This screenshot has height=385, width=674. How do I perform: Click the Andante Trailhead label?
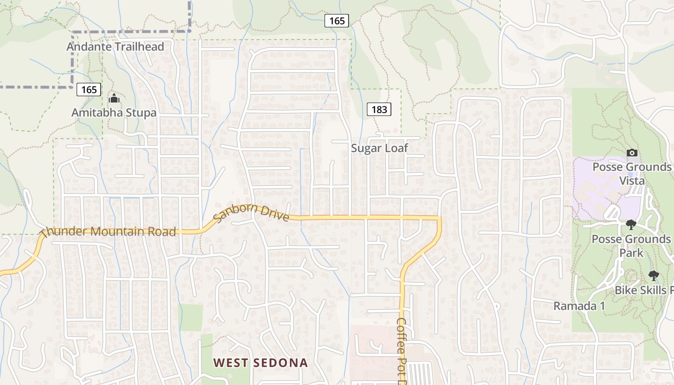coord(115,47)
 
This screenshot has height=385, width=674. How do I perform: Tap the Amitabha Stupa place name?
coord(114,113)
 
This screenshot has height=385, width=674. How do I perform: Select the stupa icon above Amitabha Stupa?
coord(114,99)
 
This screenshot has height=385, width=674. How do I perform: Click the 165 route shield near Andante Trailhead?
coord(89,90)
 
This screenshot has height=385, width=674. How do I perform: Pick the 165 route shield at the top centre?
coord(337,20)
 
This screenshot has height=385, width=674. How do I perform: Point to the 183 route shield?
coord(379,109)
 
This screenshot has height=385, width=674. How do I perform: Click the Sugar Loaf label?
coord(379,148)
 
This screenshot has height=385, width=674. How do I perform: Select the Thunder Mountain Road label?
coord(109,231)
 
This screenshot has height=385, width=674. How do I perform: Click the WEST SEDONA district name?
coord(260,362)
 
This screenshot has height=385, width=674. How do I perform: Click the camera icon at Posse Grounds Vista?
coord(632,153)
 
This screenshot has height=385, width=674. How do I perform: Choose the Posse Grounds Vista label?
coord(632,174)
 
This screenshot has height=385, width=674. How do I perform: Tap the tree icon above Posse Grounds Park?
coord(631,225)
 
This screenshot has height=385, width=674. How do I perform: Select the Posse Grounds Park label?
coord(631,245)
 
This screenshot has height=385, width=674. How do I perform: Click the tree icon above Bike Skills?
coord(653,276)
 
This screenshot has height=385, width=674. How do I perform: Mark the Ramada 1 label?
coord(579,306)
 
